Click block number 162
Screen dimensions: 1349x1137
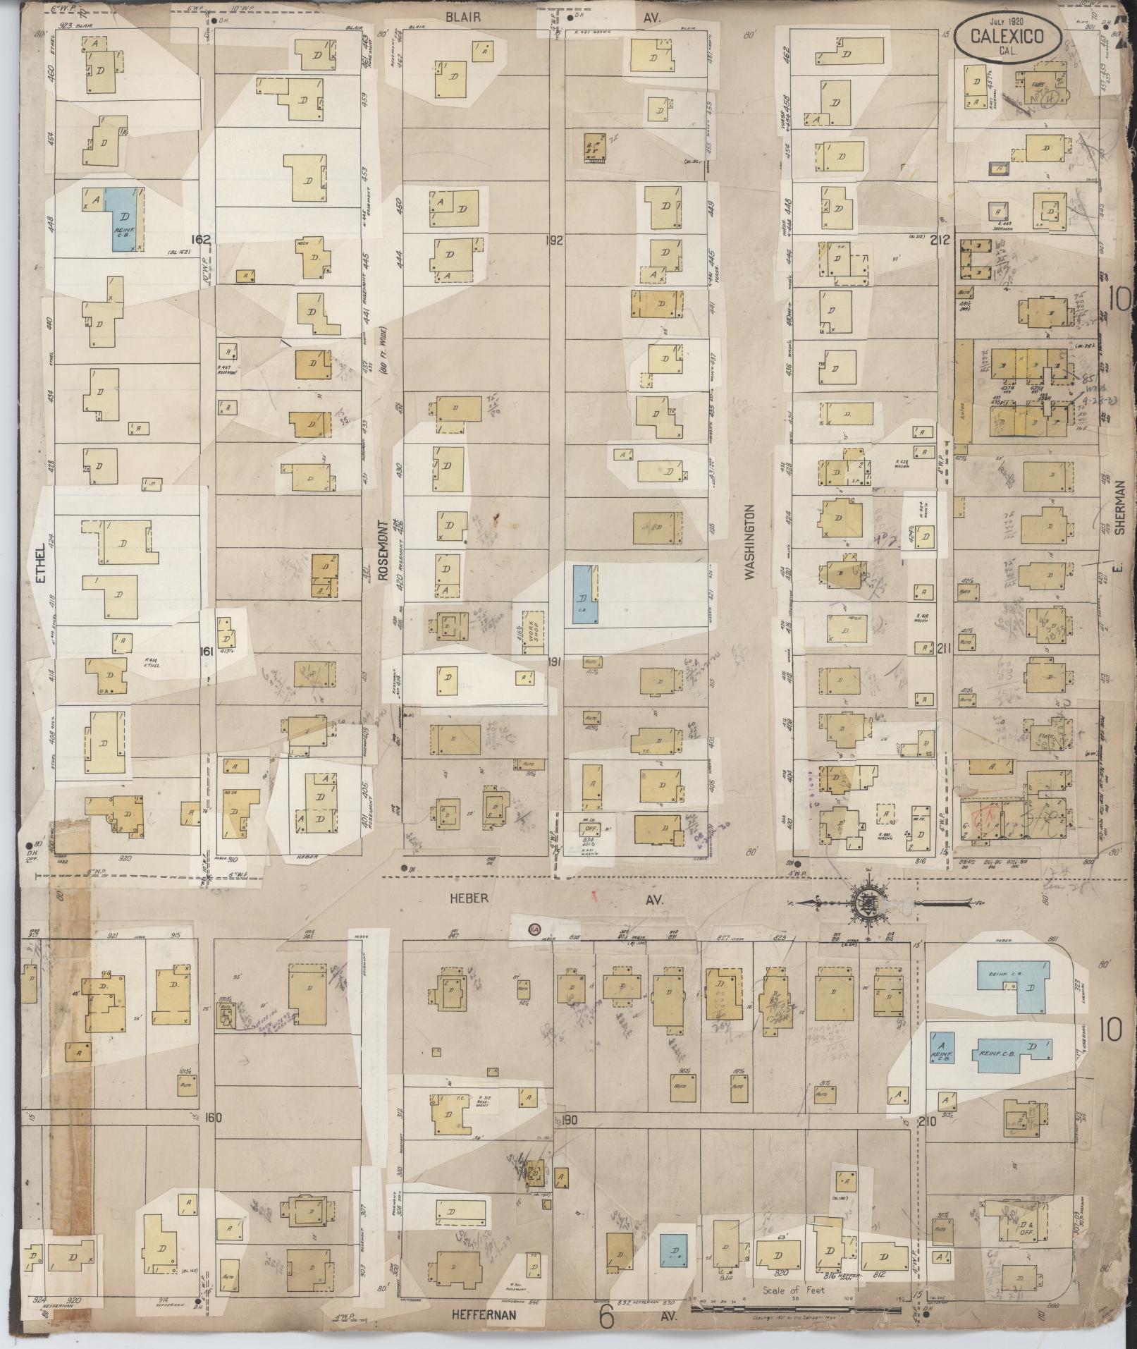[202, 240]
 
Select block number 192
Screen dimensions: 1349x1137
[555, 240]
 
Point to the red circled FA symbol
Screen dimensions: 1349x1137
[534, 929]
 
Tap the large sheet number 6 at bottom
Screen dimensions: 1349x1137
[605, 1316]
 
